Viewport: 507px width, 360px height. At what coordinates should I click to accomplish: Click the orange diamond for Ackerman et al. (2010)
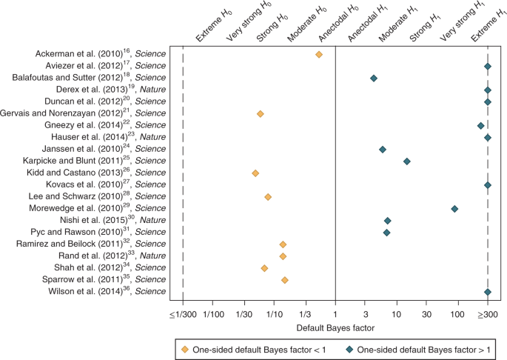click(x=319, y=55)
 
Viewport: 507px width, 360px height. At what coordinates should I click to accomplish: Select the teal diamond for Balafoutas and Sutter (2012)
click(x=374, y=79)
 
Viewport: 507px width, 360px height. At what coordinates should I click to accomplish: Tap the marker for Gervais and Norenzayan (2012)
click(x=260, y=114)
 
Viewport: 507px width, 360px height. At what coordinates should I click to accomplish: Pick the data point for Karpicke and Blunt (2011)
click(x=406, y=161)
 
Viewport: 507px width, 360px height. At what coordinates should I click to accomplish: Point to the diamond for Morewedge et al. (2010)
click(x=454, y=209)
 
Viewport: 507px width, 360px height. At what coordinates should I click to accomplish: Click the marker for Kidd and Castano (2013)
click(x=255, y=173)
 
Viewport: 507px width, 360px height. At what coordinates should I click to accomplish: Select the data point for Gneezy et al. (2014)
click(x=480, y=126)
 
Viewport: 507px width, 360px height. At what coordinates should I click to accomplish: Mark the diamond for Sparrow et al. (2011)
click(x=285, y=280)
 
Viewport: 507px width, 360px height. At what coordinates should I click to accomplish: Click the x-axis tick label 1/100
click(x=213, y=314)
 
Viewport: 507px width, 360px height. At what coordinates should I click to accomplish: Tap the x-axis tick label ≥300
click(x=488, y=314)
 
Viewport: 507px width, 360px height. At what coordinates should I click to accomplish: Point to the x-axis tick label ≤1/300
click(x=182, y=314)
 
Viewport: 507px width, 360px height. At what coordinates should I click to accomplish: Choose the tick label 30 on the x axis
click(x=426, y=314)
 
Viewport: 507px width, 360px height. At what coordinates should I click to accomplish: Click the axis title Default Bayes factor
click(x=335, y=327)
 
